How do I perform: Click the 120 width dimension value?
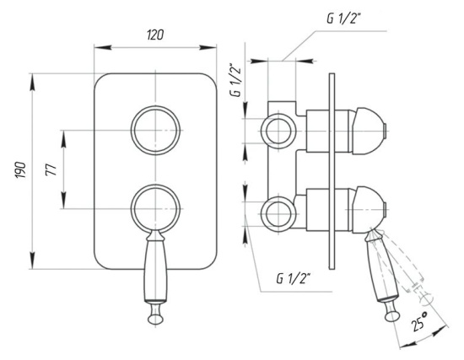pos(155,35)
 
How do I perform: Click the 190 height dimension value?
pos(21,169)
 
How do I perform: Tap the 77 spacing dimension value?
pos(51,169)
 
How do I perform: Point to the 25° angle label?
pos(420,321)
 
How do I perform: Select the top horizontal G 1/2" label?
pos(343,19)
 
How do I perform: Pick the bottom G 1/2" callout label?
pos(293,278)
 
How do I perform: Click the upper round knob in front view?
pos(155,130)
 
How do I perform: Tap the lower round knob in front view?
pos(155,208)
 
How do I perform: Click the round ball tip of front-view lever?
pos(155,319)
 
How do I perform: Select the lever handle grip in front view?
pos(155,271)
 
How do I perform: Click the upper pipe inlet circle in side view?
pos(278,131)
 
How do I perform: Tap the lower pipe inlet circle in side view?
pos(278,214)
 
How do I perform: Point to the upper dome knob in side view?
pos(369,131)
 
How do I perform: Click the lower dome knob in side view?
pos(369,210)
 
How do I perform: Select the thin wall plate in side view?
pos(332,171)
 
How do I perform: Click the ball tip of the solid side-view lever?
pos(392,315)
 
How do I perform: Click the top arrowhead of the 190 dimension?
pos(32,82)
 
